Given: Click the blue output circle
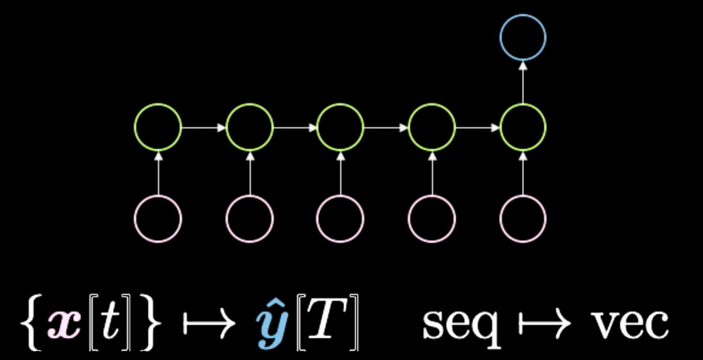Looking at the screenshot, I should pyautogui.click(x=523, y=37).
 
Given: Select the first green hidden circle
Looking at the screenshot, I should pyautogui.click(x=158, y=127).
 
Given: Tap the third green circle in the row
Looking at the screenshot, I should pyautogui.click(x=340, y=127).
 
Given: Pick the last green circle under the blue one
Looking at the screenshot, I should pyautogui.click(x=523, y=127).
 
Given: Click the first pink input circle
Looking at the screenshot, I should pyautogui.click(x=158, y=219).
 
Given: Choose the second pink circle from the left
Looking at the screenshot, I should pyautogui.click(x=250, y=219).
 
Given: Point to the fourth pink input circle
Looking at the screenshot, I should pyautogui.click(x=432, y=219).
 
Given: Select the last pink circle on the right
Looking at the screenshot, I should pyautogui.click(x=523, y=219).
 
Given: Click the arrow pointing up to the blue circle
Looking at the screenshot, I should pyautogui.click(x=523, y=82).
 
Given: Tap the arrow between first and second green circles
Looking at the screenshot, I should pyautogui.click(x=204, y=128).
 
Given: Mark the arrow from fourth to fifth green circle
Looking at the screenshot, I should pyautogui.click(x=478, y=128).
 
